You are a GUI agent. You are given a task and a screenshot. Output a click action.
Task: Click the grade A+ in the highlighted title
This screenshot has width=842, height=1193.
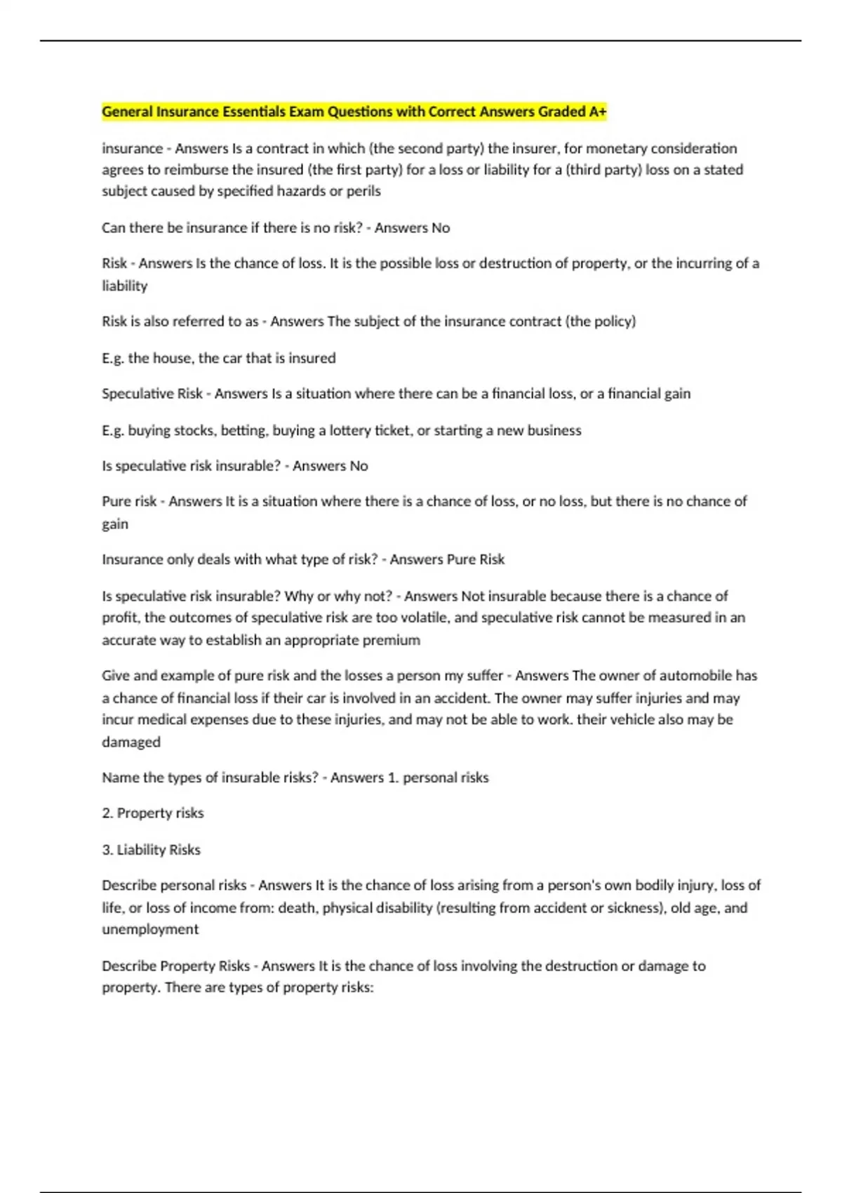[x=598, y=112]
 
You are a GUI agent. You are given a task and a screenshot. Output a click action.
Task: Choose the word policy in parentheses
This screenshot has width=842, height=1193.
[x=613, y=321]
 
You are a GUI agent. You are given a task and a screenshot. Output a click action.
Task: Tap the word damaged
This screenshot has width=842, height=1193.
[x=131, y=742]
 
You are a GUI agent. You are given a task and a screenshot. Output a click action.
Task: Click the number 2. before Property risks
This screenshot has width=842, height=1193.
[x=107, y=813]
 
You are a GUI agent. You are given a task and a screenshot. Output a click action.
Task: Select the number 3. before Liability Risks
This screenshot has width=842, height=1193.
[x=107, y=850]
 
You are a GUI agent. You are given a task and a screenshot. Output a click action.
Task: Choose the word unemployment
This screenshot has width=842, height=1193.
[x=150, y=929]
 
